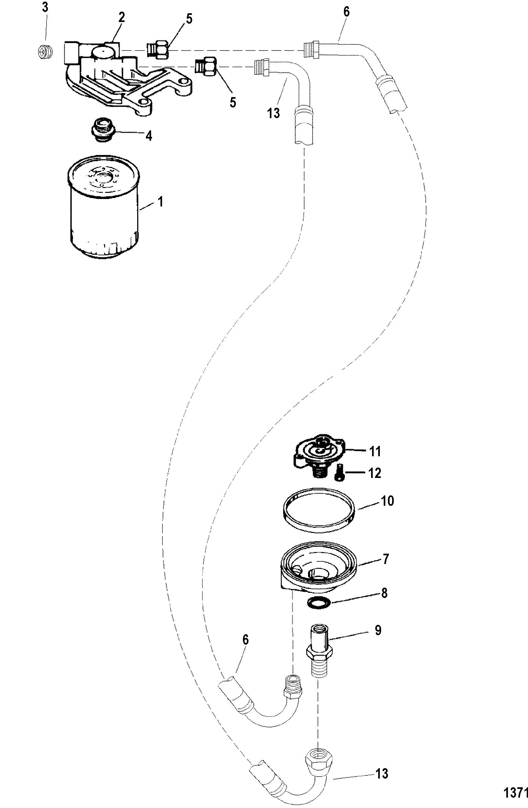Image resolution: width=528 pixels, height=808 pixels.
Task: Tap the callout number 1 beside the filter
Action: coord(160,203)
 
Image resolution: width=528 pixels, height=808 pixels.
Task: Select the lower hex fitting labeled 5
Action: coord(206,66)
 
